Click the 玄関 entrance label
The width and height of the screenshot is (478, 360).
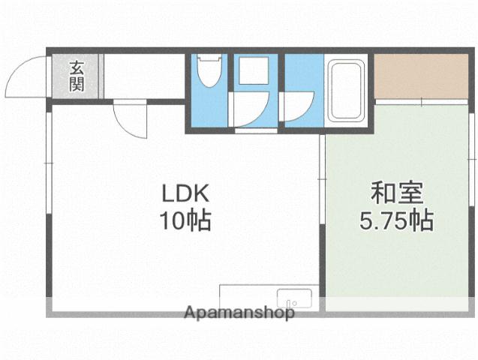77,75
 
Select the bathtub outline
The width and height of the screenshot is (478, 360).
346,91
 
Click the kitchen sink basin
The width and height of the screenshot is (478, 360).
295,298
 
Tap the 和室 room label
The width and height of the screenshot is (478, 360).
398,193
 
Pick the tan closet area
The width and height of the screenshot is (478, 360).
419,76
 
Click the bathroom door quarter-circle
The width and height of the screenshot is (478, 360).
296,105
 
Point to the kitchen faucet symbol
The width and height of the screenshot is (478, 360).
295,303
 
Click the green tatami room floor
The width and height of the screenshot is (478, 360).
398,247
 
